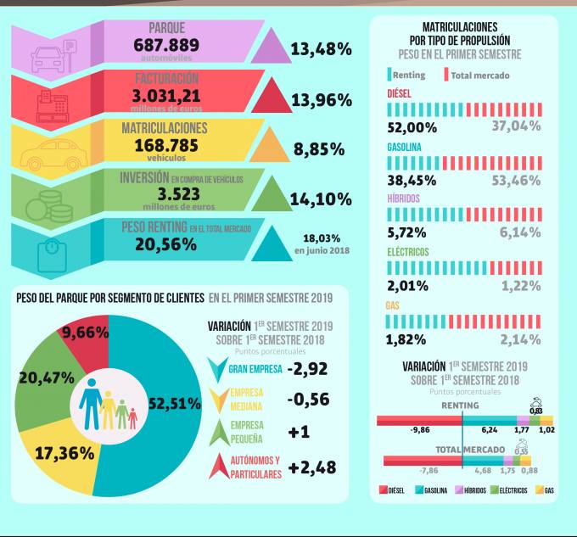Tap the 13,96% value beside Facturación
click(321, 100)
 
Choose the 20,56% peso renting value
click(165, 244)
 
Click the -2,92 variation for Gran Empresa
click(307, 368)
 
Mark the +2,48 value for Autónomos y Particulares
click(312, 467)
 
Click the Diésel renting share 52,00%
click(412, 127)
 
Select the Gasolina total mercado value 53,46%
click(515, 180)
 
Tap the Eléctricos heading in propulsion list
click(408, 252)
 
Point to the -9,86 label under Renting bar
click(420, 430)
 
